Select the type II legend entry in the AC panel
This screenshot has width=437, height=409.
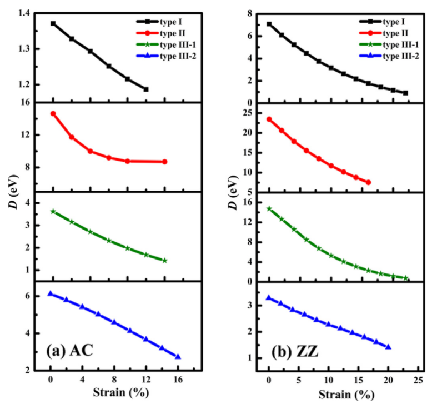click(164, 33)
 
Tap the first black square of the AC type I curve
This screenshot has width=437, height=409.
click(53, 23)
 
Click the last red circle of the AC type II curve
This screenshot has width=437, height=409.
click(164, 162)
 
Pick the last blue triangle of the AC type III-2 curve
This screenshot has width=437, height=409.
click(178, 357)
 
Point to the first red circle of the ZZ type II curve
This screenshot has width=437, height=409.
click(269, 119)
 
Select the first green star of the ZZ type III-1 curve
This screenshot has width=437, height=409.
click(269, 208)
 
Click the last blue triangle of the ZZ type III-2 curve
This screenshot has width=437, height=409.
click(388, 347)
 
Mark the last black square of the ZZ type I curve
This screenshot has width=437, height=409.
click(405, 93)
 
